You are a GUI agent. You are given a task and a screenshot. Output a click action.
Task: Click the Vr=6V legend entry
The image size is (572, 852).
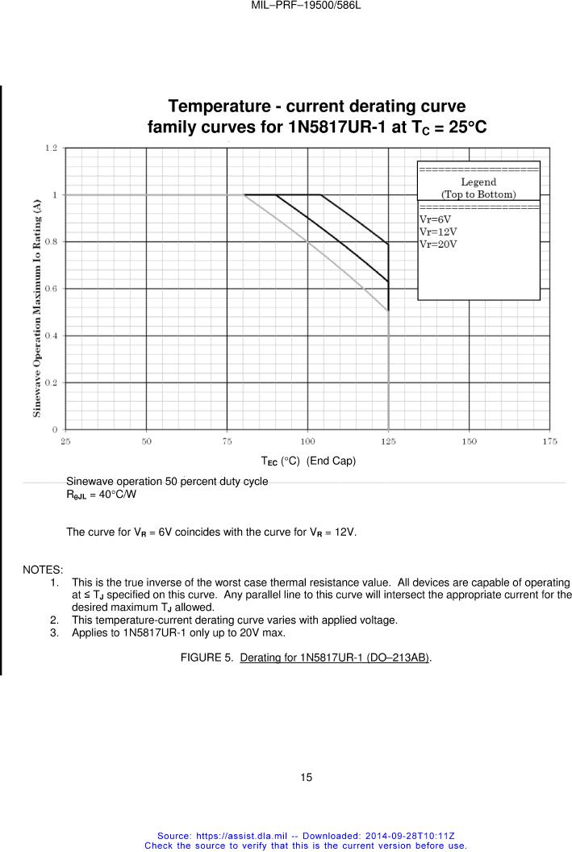pos(435,219)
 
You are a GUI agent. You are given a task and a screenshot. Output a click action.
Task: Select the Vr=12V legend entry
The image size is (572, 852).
pos(437,232)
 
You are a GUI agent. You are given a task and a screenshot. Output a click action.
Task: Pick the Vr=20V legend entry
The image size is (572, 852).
pos(437,244)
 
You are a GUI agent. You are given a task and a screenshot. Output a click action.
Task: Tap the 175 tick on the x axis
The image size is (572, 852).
pos(550,441)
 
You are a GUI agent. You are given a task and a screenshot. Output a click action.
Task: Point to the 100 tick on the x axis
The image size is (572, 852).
pos(307,441)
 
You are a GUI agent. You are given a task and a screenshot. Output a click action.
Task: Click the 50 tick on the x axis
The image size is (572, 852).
pos(146,441)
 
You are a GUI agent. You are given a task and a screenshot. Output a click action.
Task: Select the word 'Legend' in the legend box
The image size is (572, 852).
pos(478,182)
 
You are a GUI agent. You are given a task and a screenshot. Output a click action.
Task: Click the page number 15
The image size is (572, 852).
pos(306,777)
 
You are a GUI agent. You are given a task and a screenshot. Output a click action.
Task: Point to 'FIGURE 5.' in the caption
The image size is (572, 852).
pos(207,658)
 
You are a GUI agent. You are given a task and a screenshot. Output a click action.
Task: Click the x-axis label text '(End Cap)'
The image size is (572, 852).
pos(331,461)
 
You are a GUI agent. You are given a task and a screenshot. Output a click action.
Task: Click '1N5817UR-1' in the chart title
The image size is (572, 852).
pos(335,128)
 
